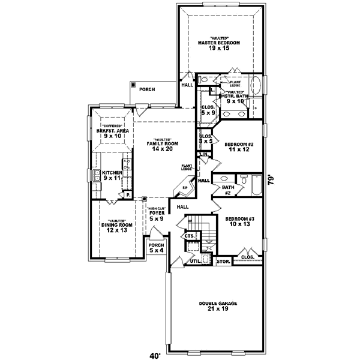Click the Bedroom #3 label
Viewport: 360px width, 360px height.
pos(239,221)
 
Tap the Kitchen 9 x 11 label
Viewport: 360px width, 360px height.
pos(112,175)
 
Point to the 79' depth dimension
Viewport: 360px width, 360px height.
pos(271,181)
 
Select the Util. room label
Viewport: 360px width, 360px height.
pos(195,262)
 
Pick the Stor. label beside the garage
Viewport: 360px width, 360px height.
pos(223,262)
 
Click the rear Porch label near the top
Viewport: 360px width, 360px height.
pos(147,89)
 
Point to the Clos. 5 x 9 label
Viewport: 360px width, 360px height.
pos(208,110)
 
